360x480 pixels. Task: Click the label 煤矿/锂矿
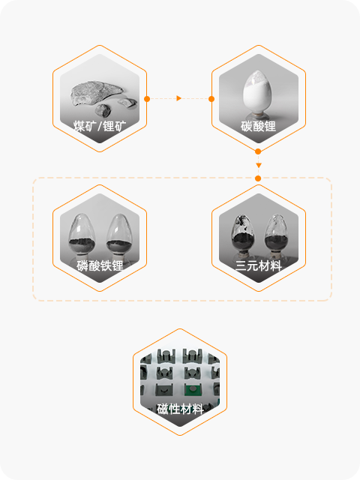[100, 126]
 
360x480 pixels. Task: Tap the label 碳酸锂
[258, 126]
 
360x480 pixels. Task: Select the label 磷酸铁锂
[100, 265]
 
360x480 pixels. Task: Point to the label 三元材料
[258, 265]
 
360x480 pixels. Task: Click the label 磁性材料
[180, 409]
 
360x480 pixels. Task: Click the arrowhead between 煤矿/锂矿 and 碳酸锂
[179, 98]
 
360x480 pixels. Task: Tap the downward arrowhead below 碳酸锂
[258, 165]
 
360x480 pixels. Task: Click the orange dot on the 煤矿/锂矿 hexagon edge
[147, 99]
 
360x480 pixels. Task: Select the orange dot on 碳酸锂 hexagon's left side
[211, 99]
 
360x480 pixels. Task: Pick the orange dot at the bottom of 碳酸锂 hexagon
[258, 151]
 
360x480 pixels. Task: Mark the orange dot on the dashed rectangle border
[258, 178]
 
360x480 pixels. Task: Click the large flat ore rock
[97, 91]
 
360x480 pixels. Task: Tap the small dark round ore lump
[103, 110]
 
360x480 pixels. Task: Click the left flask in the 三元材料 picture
[243, 237]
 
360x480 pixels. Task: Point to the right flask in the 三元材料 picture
[276, 237]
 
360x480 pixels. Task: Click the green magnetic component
[193, 390]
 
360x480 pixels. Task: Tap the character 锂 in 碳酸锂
[270, 126]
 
